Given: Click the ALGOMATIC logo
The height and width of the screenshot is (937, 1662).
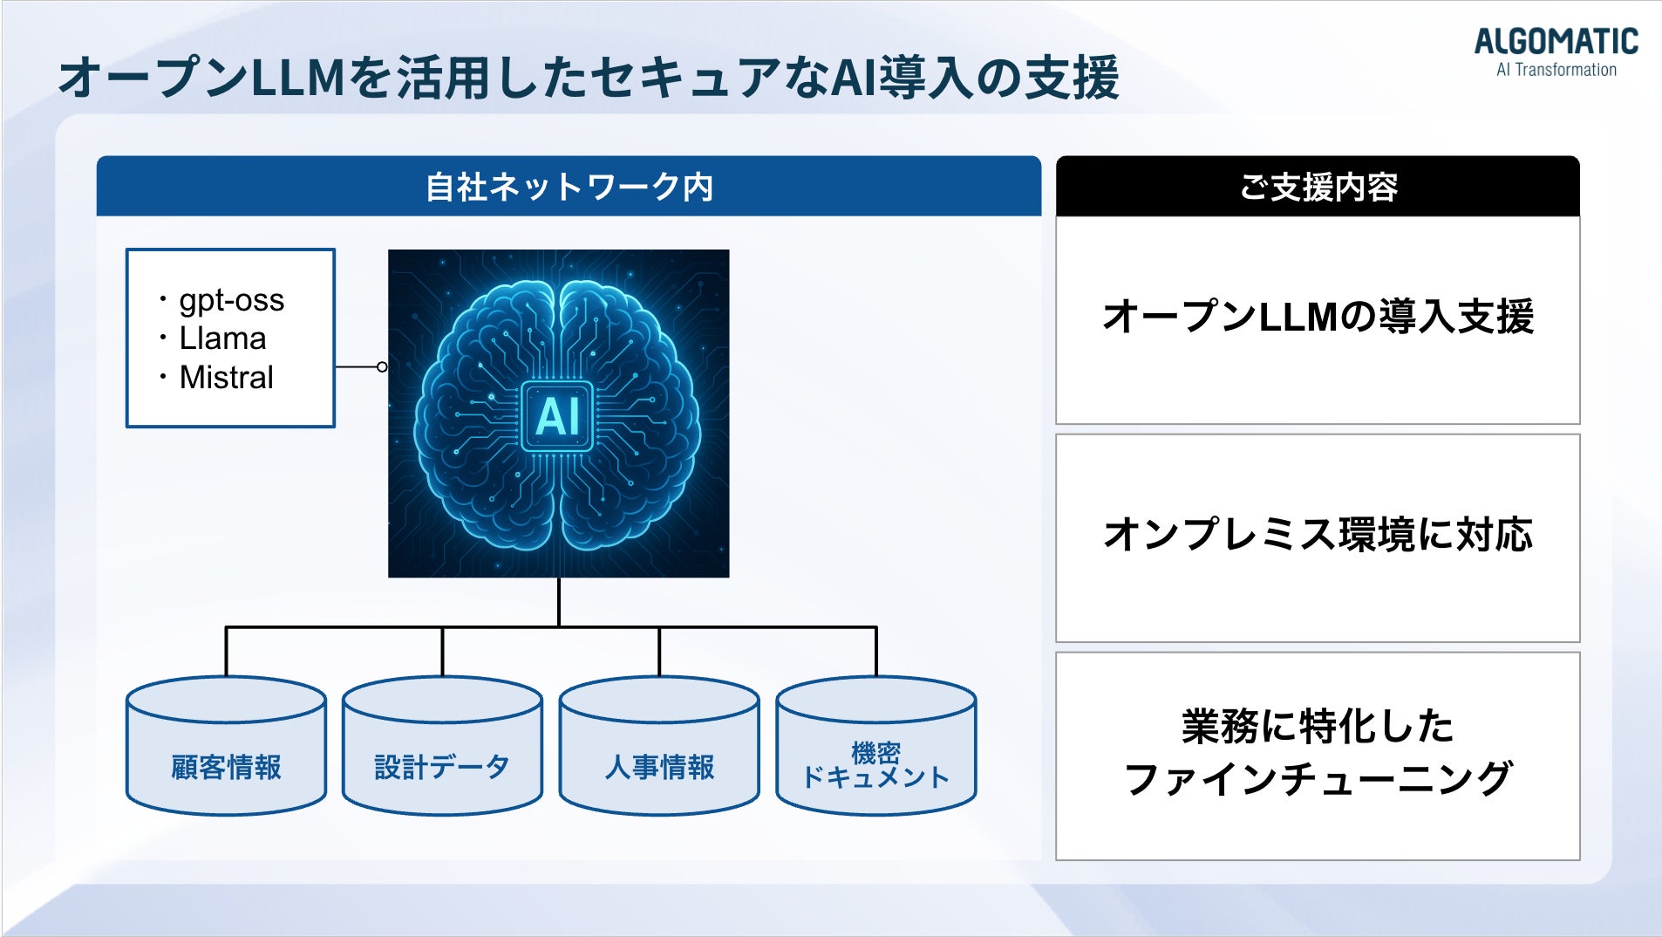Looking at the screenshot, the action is click(x=1556, y=42).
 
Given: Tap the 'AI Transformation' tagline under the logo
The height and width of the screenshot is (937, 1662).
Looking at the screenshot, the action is click(x=1556, y=70).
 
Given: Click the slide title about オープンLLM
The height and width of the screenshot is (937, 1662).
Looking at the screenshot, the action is click(x=589, y=77).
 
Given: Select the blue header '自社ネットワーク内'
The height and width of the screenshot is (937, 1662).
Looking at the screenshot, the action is click(x=569, y=186).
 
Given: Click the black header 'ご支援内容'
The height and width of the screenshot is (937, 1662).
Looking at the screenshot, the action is click(x=1318, y=187).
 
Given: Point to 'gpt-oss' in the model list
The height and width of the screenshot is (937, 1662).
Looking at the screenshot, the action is click(x=232, y=300).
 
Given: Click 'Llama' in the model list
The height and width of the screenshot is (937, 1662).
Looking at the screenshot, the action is click(x=222, y=339).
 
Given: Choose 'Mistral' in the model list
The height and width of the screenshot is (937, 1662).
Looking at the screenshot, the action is click(x=226, y=377).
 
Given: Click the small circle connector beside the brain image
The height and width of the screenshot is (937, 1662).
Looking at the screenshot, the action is click(x=382, y=367).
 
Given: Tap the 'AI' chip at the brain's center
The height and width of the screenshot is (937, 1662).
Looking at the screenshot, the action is click(x=557, y=416).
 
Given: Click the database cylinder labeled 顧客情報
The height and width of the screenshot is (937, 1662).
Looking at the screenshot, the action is click(x=226, y=746).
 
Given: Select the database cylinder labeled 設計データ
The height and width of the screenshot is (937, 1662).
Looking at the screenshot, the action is click(x=442, y=746).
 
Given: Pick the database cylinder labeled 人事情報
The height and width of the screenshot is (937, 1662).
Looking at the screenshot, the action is click(x=659, y=746).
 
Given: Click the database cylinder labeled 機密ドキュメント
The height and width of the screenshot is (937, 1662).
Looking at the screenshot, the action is click(x=876, y=746).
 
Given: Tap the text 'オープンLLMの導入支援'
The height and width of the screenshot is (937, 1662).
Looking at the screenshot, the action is click(x=1318, y=317).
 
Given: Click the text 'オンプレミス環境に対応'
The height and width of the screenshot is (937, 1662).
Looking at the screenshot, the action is click(x=1318, y=534).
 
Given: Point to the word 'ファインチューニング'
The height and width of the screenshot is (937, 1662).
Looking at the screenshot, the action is click(x=1318, y=778).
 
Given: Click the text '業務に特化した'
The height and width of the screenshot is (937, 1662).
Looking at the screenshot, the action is click(x=1318, y=726).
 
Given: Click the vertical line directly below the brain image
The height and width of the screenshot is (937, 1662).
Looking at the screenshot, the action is click(x=559, y=602).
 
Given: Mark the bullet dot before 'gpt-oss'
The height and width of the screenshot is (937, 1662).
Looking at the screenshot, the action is click(x=163, y=300).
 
